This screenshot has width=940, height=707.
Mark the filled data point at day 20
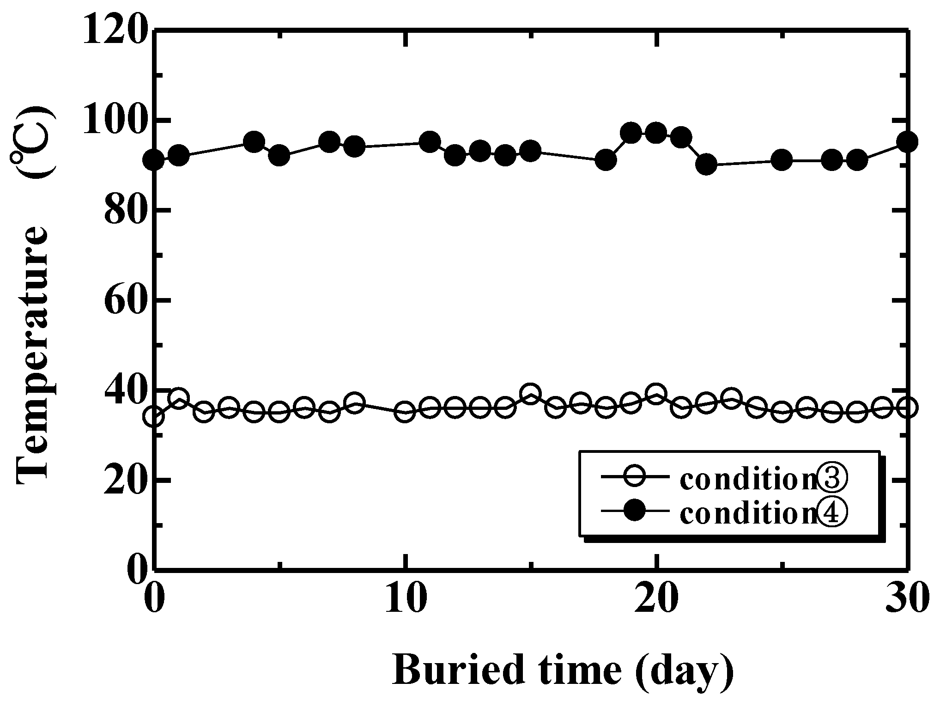(x=656, y=134)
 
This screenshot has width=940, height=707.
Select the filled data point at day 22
(x=707, y=165)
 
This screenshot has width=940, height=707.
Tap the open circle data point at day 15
(x=531, y=394)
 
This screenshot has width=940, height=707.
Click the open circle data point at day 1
(x=179, y=398)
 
